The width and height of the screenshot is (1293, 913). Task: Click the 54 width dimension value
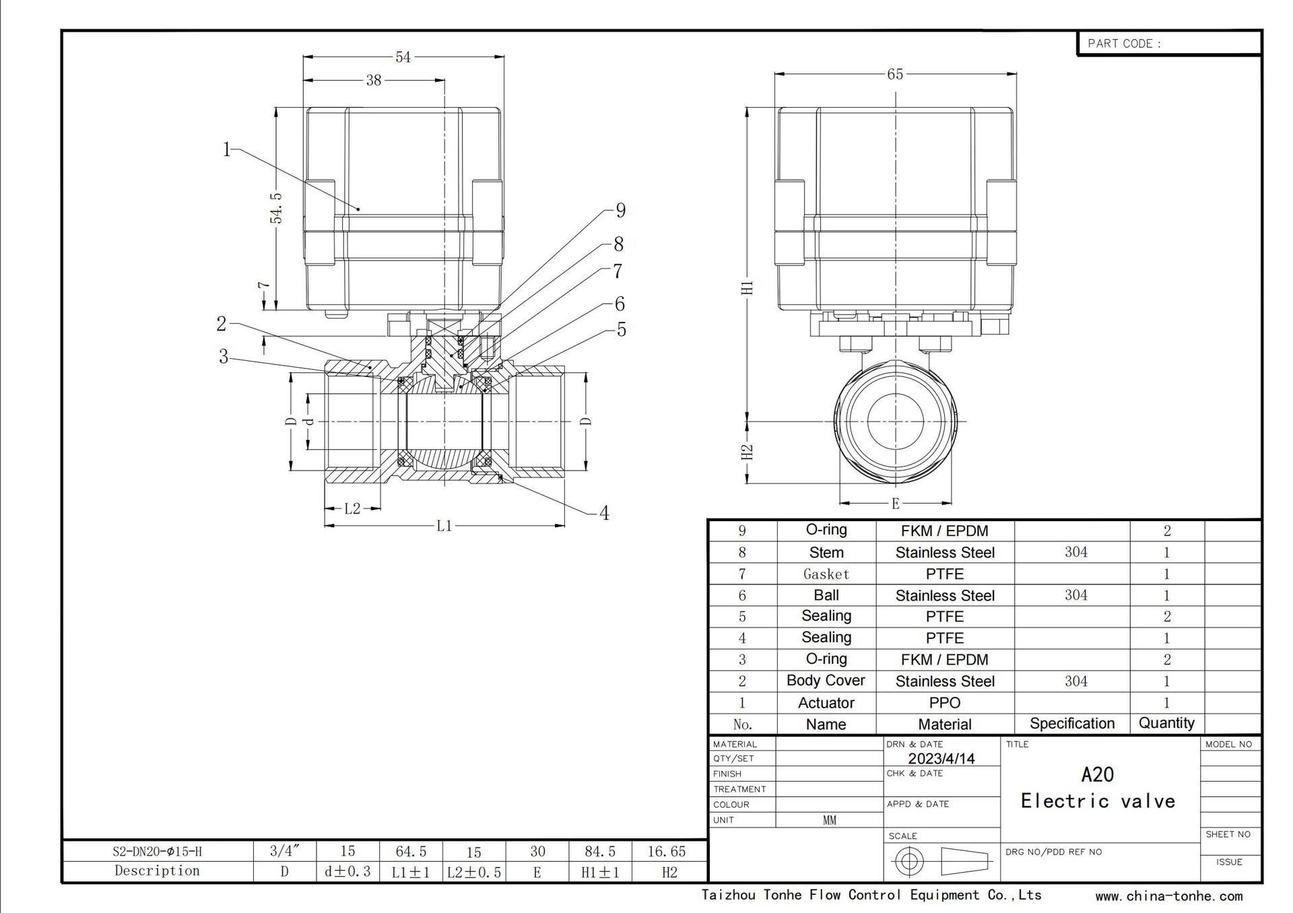pyautogui.click(x=403, y=57)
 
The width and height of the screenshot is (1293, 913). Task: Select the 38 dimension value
pyautogui.click(x=374, y=80)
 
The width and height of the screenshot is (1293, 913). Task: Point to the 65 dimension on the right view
pyautogui.click(x=895, y=74)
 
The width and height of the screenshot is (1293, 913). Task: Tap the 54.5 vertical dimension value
pyautogui.click(x=276, y=208)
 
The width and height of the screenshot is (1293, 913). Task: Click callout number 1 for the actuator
pyautogui.click(x=227, y=149)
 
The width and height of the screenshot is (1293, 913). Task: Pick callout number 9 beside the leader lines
pyautogui.click(x=620, y=211)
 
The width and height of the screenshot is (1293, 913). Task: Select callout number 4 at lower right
pyautogui.click(x=604, y=513)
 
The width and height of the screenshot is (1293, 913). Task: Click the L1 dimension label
pyautogui.click(x=444, y=526)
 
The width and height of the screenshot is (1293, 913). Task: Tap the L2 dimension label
pyautogui.click(x=352, y=508)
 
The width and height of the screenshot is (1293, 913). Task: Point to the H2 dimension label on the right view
pyautogui.click(x=747, y=452)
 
